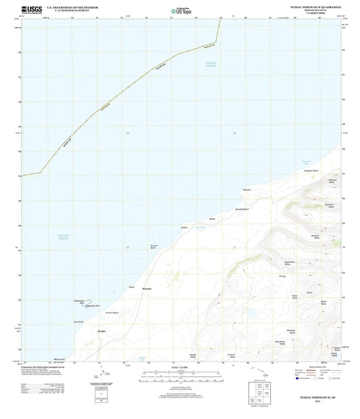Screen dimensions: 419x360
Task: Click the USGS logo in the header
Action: tap(32, 9)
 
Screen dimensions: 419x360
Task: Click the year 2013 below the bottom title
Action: tap(315, 406)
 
